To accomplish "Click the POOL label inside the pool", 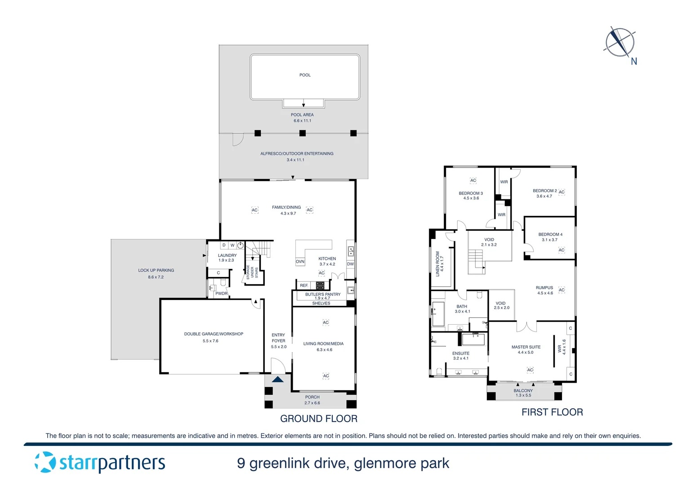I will click(305, 75).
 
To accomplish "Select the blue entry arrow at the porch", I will click(278, 379).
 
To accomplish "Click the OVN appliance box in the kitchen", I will click(300, 261).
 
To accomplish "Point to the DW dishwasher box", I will click(350, 264).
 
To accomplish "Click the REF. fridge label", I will click(304, 286).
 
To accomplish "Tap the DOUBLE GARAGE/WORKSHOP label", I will click(214, 334).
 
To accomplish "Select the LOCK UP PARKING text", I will click(156, 270).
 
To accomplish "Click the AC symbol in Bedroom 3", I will click(473, 181).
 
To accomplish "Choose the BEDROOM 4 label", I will click(550, 234).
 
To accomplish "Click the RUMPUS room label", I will click(544, 288).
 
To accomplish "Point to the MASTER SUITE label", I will click(526, 347).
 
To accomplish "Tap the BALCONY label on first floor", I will click(523, 391).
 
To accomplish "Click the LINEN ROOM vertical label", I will click(437, 264).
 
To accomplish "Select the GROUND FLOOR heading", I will click(319, 419).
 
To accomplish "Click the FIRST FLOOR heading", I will click(552, 412).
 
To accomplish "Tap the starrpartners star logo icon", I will click(45, 462).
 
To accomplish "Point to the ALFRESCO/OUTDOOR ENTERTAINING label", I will click(297, 154).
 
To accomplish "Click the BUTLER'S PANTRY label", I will click(322, 295).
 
